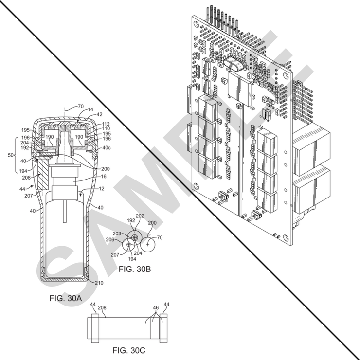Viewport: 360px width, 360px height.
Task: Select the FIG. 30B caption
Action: click(x=134, y=268)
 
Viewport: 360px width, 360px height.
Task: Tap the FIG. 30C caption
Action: click(x=129, y=350)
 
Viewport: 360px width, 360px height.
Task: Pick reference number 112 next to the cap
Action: click(x=106, y=124)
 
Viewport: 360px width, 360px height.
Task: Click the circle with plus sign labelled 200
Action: click(x=149, y=244)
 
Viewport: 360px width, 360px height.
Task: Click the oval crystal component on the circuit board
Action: click(x=232, y=64)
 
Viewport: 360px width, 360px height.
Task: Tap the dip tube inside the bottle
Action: click(x=64, y=212)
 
